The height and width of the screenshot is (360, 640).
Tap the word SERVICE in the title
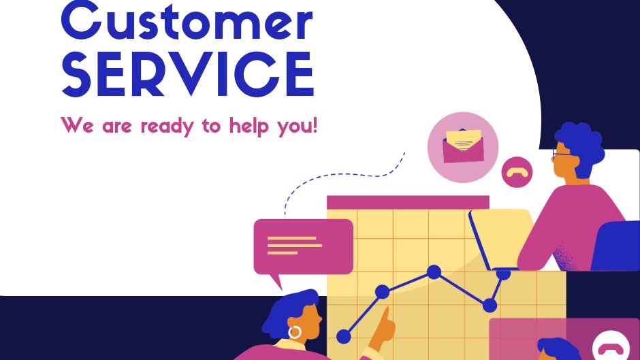[187, 74]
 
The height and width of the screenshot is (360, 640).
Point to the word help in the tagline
[247, 126]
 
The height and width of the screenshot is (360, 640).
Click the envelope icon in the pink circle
[462, 146]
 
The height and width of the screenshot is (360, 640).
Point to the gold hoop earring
[295, 332]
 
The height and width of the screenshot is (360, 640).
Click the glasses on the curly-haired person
[563, 154]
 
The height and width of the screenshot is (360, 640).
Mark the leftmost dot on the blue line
[343, 336]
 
